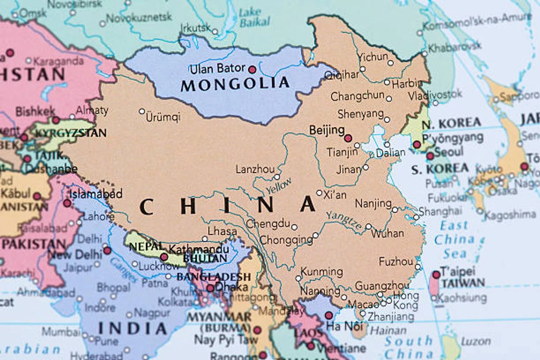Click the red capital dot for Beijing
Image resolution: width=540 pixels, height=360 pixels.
348,138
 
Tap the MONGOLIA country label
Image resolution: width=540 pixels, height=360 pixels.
235,84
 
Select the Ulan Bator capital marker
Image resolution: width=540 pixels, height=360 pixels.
252,69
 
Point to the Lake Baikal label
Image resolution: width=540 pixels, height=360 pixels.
254,18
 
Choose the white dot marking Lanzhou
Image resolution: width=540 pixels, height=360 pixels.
277,177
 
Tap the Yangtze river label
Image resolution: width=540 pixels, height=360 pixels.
344,220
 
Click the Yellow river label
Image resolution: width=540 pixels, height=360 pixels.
279,186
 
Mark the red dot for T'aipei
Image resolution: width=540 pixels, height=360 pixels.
436,275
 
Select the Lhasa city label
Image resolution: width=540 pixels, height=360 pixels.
222,231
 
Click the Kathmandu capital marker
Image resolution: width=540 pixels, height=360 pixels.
164,257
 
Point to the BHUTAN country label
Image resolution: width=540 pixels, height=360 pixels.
205,258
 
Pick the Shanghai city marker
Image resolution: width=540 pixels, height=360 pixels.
417,217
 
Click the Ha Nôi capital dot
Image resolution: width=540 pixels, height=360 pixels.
328,316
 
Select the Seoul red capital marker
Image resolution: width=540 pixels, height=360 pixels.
430,156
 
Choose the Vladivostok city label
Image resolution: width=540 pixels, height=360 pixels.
435,95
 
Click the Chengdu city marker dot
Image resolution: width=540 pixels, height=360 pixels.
294,227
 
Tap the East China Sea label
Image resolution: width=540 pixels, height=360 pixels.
454,239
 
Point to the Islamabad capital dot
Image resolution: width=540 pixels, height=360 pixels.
67,203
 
